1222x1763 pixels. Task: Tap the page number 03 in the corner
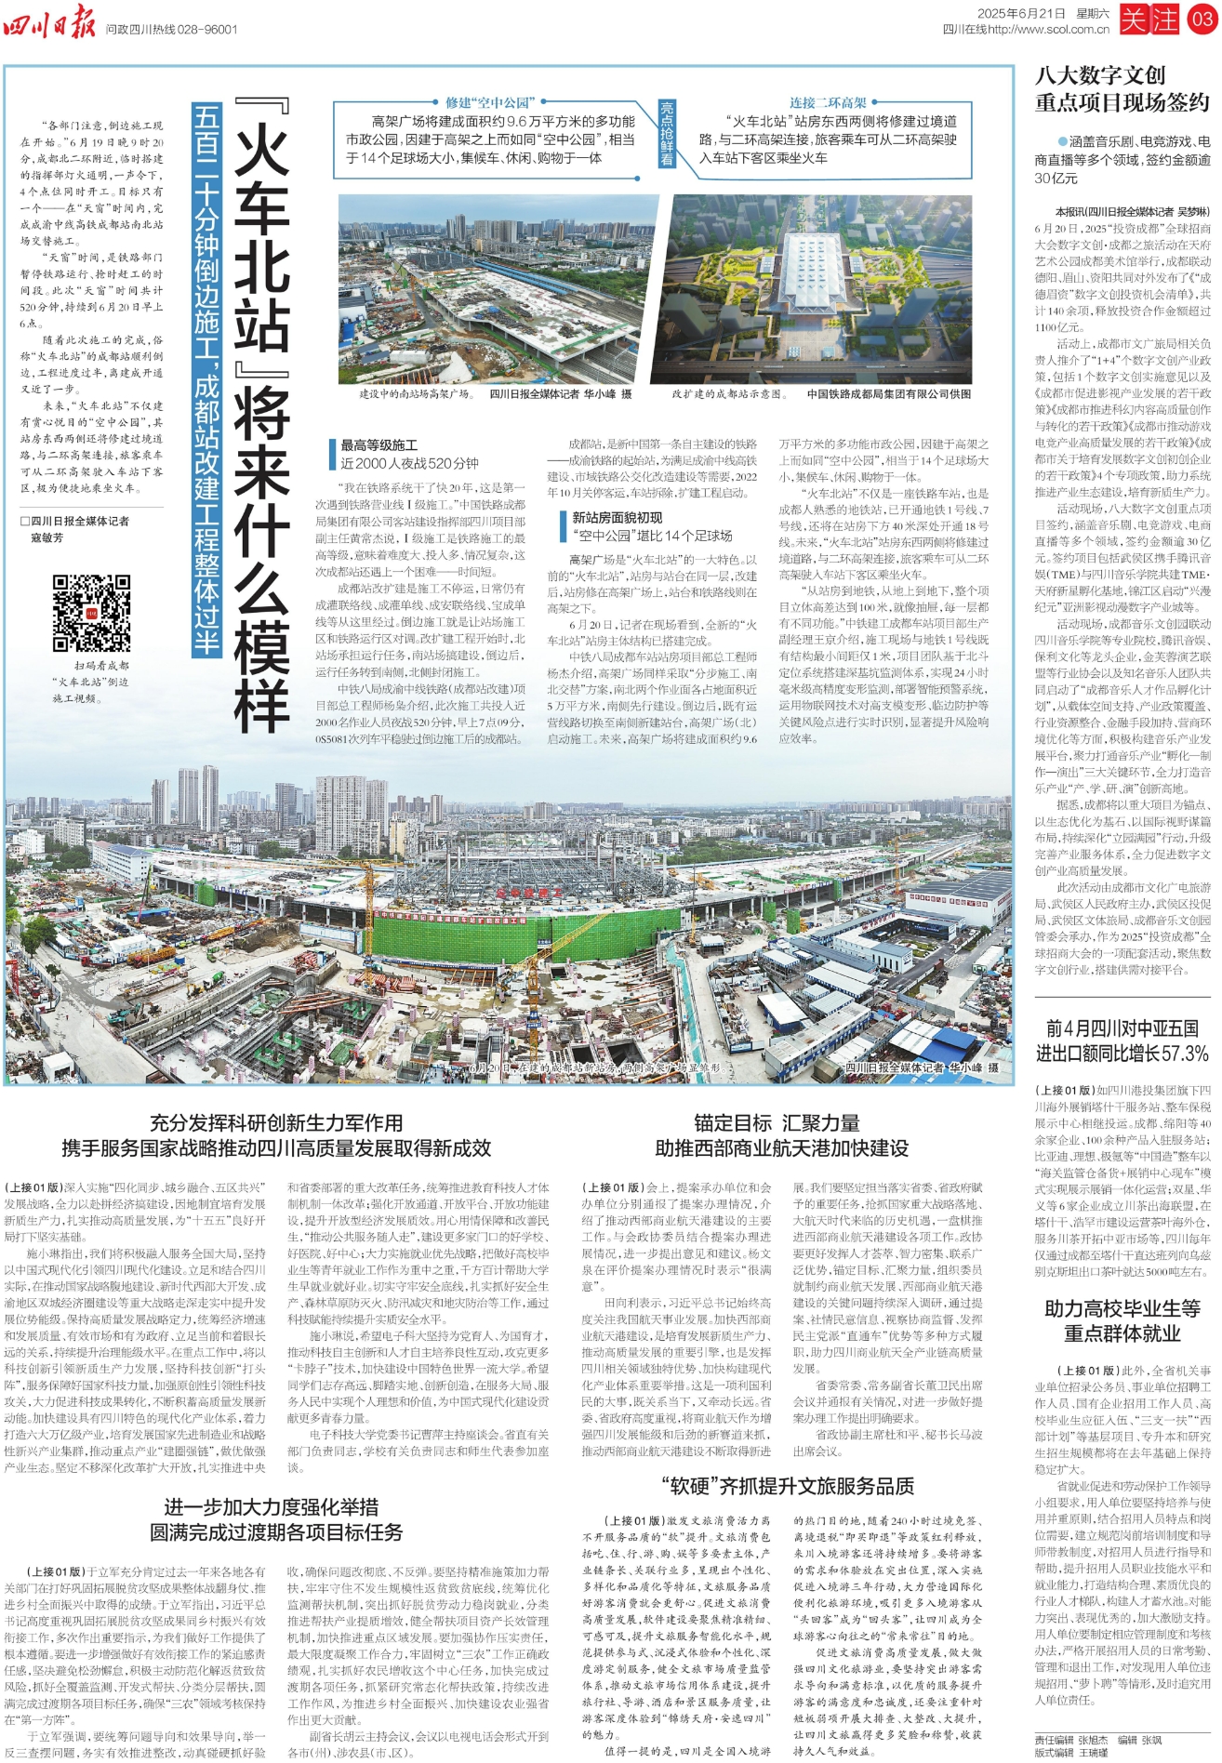pyautogui.click(x=1201, y=20)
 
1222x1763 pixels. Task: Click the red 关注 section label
pyautogui.click(x=1149, y=20)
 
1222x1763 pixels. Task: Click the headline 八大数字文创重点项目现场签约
pyautogui.click(x=1122, y=89)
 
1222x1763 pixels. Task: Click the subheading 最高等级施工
pyautogui.click(x=379, y=445)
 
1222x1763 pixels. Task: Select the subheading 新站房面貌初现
pyautogui.click(x=617, y=517)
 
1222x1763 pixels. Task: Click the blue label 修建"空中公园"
pyautogui.click(x=488, y=102)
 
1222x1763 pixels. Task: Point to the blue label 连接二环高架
pyautogui.click(x=828, y=102)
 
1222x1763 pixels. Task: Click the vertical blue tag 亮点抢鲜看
pyautogui.click(x=667, y=134)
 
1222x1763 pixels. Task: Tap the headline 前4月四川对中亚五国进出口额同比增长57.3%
pyautogui.click(x=1122, y=1041)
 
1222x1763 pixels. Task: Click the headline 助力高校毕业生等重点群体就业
pyautogui.click(x=1122, y=1320)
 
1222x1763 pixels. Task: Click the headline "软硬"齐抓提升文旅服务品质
pyautogui.click(x=787, y=1485)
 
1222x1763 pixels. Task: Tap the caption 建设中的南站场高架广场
pyautogui.click(x=416, y=394)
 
